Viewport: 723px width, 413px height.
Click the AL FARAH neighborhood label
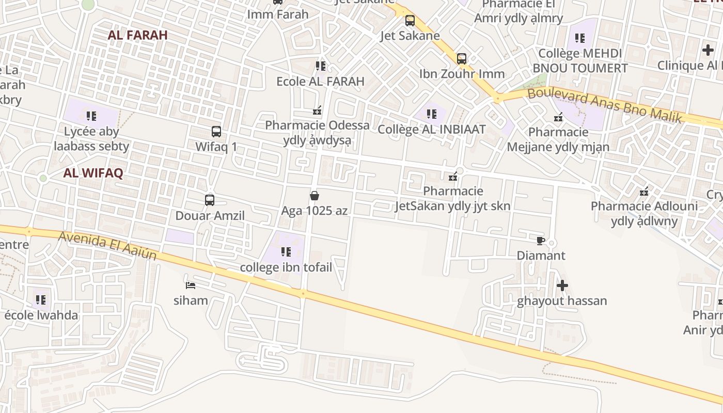tap(138, 35)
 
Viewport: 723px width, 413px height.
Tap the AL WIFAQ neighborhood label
tap(93, 173)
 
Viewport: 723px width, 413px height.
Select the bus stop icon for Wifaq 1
tap(216, 132)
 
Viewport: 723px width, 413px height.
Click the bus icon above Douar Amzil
tap(210, 200)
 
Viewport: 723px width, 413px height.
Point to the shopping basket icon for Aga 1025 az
tap(314, 196)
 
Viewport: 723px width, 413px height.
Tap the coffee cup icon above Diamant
tap(540, 241)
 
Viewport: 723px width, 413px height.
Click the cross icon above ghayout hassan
tap(562, 285)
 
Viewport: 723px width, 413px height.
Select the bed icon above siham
tap(191, 285)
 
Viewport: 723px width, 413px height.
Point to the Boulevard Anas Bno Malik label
tap(605, 106)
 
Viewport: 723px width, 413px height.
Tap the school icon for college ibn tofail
tap(286, 252)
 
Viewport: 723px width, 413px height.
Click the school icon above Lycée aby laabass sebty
tap(91, 116)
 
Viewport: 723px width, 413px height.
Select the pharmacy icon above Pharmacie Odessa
tap(317, 110)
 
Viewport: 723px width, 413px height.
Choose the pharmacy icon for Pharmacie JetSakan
tap(453, 177)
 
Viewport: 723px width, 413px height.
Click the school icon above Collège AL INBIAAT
tap(432, 114)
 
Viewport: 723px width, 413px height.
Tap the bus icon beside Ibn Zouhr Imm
tap(462, 59)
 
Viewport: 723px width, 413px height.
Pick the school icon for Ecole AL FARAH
tap(321, 66)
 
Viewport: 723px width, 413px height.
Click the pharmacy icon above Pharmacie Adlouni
tap(644, 192)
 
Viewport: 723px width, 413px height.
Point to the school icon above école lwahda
tap(41, 299)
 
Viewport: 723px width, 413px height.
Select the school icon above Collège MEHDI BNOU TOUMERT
tap(580, 38)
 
